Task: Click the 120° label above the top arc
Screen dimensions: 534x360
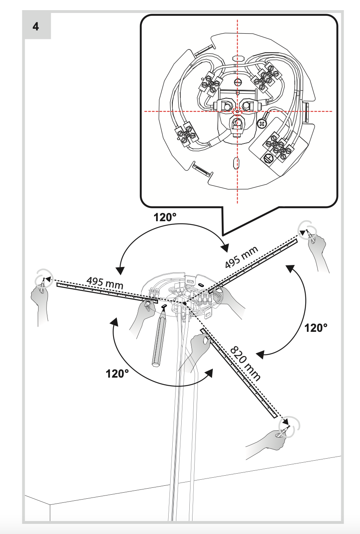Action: [x=165, y=217]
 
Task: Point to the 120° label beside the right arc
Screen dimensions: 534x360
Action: [x=315, y=328]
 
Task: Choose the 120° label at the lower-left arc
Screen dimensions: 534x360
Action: [x=117, y=373]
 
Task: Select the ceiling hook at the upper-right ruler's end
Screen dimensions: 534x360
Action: [x=306, y=229]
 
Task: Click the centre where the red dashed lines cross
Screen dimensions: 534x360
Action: [x=238, y=111]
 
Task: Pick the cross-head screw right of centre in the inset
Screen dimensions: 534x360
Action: [x=263, y=123]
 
